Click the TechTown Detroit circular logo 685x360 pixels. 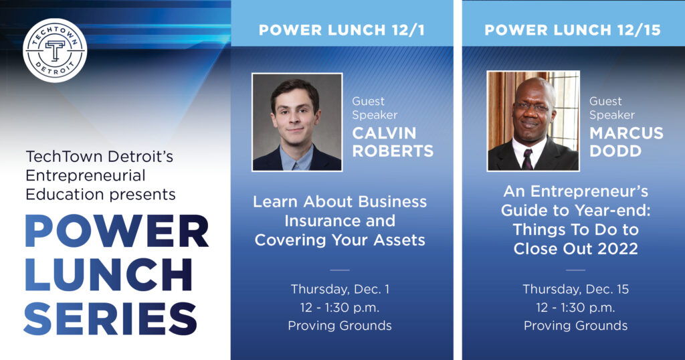click(x=55, y=50)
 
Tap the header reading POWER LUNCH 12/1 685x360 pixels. click(x=342, y=30)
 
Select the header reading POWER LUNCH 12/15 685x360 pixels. click(x=573, y=30)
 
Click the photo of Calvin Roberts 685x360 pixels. click(x=297, y=122)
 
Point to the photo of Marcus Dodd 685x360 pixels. click(x=533, y=120)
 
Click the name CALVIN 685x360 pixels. click(x=384, y=133)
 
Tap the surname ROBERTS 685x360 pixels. click(x=393, y=151)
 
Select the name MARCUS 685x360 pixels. click(x=626, y=133)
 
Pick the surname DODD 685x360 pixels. click(x=615, y=151)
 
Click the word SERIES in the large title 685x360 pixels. click(x=110, y=319)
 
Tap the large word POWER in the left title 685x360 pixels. click(x=116, y=231)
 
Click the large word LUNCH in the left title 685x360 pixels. click(x=109, y=275)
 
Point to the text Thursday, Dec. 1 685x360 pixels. click(x=340, y=289)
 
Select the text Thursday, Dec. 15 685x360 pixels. click(x=575, y=289)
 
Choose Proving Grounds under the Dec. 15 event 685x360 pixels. click(x=575, y=325)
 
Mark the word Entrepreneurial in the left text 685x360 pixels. click(x=86, y=175)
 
